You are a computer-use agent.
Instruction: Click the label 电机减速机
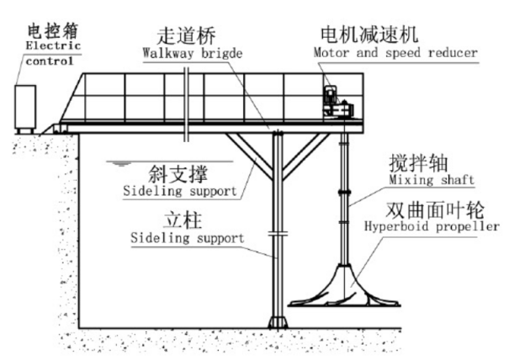[x=368, y=36]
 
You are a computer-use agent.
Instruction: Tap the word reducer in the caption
[x=453, y=54]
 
